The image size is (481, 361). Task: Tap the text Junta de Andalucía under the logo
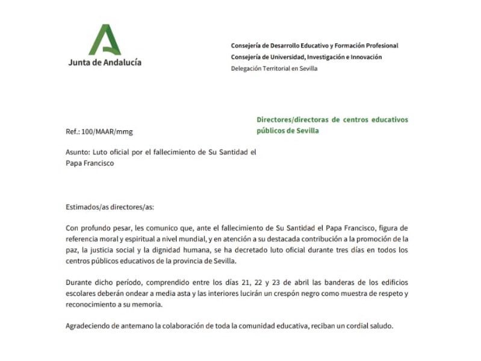click(x=105, y=62)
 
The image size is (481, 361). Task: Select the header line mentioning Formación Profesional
click(x=314, y=46)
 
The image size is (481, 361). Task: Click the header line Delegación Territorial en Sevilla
click(x=274, y=68)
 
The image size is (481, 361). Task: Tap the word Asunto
click(x=78, y=152)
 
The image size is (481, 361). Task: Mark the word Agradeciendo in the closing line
click(x=88, y=326)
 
